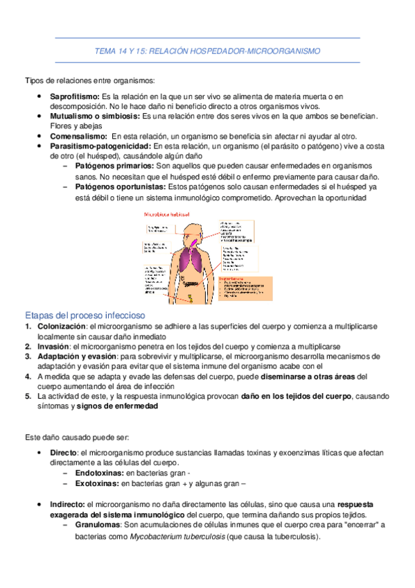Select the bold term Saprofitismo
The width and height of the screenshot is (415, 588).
point(74,96)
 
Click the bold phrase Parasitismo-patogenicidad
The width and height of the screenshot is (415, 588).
point(100,147)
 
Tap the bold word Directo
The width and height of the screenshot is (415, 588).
point(64,453)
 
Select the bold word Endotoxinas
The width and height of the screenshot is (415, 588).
point(95,472)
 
